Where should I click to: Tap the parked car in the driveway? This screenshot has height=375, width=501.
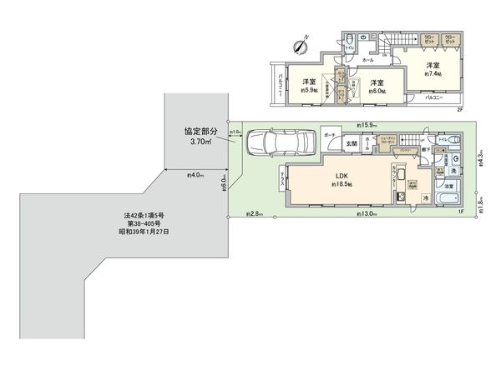click(279, 143)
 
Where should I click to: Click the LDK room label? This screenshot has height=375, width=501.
click(342, 177)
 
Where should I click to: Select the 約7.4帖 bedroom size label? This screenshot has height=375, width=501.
click(433, 74)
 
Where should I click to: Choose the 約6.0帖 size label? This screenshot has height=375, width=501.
click(377, 91)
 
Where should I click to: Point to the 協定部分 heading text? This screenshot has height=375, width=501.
click(202, 132)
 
